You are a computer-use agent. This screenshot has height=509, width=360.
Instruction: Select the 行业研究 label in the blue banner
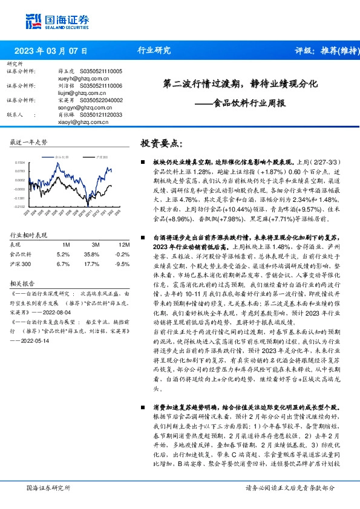pyautogui.click(x=154, y=51)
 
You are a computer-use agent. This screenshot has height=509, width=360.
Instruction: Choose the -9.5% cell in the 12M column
pyautogui.click(x=123, y=246)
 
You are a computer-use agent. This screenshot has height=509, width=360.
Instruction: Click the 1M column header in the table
pyautogui.click(x=67, y=229)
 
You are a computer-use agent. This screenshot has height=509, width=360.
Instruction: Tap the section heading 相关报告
pyautogui.click(x=22, y=265)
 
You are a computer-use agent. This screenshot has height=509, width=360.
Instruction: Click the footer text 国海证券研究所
pyautogui.click(x=49, y=487)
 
